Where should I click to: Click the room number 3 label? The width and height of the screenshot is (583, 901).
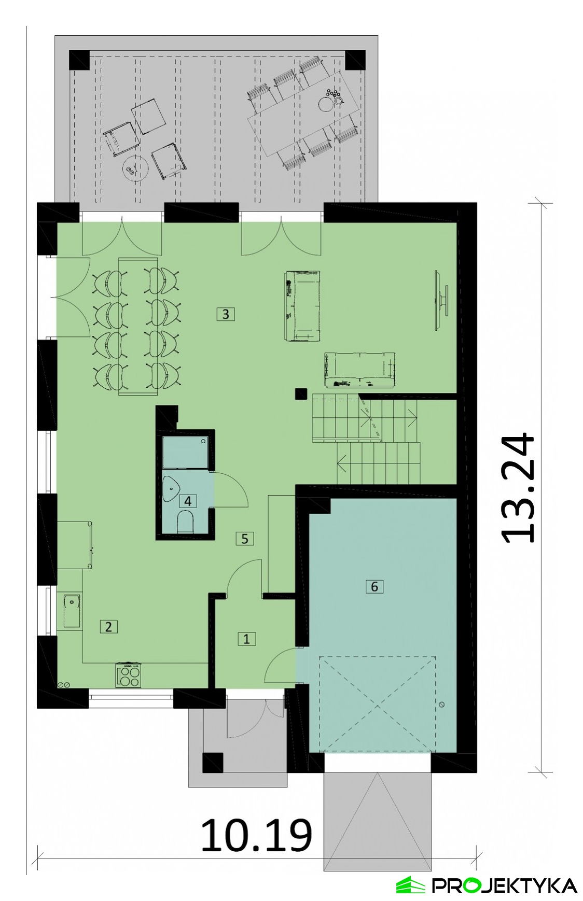tap(226, 314)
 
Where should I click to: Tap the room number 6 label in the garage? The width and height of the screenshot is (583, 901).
tap(374, 586)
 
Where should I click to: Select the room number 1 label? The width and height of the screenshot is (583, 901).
tap(246, 639)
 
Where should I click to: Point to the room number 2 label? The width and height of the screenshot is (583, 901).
tap(108, 626)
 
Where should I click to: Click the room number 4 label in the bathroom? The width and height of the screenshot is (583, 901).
tap(188, 501)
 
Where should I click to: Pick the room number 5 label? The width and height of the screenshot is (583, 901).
tap(245, 539)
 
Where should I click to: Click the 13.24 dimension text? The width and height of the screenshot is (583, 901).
tap(518, 488)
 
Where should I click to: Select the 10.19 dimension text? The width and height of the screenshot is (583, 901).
tap(257, 835)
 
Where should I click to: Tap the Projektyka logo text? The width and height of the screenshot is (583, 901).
tap(505, 885)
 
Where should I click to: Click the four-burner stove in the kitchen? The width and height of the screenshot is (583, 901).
tap(128, 675)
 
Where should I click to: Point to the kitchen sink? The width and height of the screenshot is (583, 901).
tap(72, 609)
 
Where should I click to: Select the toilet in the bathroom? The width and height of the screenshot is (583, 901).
tap(185, 522)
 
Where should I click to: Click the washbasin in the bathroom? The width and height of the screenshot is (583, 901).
tap(171, 489)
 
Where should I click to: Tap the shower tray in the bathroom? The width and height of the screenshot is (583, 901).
tap(186, 453)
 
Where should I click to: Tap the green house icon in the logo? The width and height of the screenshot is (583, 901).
tap(411, 885)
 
